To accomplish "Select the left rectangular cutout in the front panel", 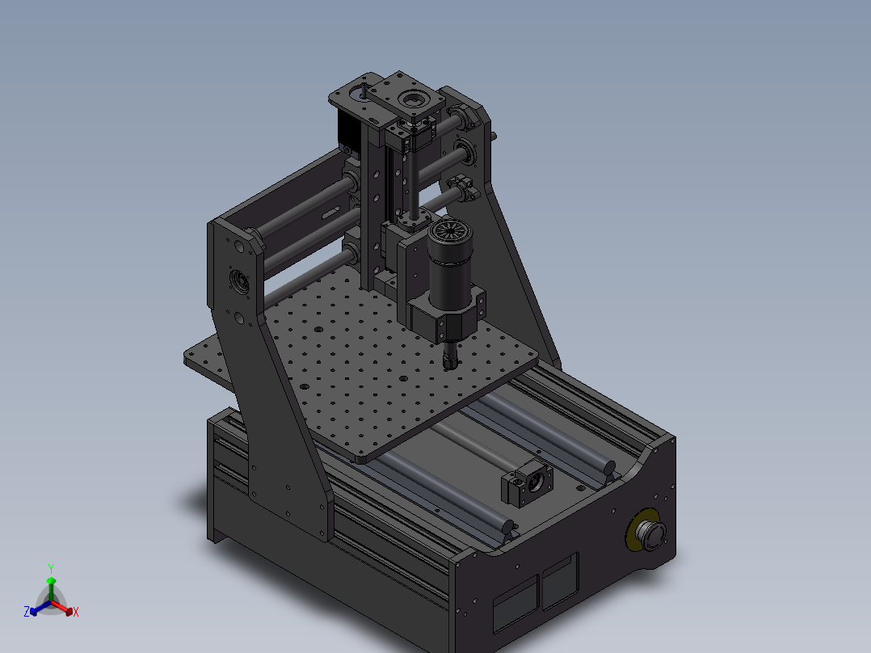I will [x=515, y=604].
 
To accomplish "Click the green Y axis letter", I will [x=50, y=568].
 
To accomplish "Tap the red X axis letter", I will [x=75, y=613].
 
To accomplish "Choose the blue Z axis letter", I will [x=27, y=612].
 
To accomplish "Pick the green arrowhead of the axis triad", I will [x=50, y=580].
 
